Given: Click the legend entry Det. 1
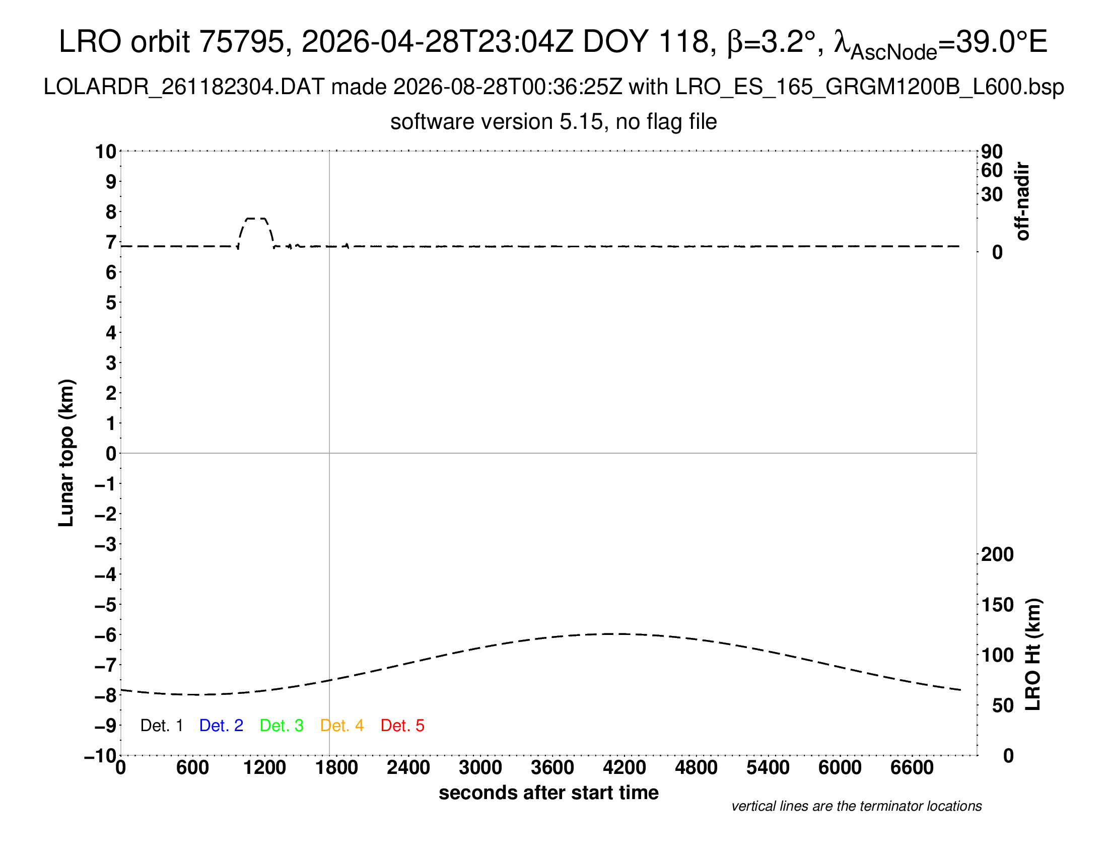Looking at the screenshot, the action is tap(161, 726).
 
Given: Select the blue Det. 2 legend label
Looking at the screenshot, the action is tap(221, 726).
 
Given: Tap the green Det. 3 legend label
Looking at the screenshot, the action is tap(282, 726).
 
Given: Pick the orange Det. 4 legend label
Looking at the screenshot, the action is tap(342, 726).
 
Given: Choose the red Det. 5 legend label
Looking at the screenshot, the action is tap(402, 726).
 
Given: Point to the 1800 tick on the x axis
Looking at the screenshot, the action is tap(336, 768).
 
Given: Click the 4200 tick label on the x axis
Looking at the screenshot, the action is tap(624, 768).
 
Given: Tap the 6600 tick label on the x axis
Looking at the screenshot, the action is tap(912, 768).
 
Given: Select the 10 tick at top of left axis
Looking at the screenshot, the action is tap(106, 152).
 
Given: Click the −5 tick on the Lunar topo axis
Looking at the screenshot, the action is tap(106, 605).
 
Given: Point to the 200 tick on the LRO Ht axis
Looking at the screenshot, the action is tap(997, 555).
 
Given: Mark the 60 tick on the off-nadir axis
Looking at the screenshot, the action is tap(992, 170).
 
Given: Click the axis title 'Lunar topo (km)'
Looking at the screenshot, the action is tap(66, 453).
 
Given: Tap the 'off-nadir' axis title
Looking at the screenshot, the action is tap(1023, 201).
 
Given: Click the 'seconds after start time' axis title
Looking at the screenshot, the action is tap(548, 793).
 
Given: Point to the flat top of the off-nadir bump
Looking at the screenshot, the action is tap(256, 219).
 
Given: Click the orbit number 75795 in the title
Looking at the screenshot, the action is tap(241, 42).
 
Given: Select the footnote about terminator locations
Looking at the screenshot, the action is tap(856, 806).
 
